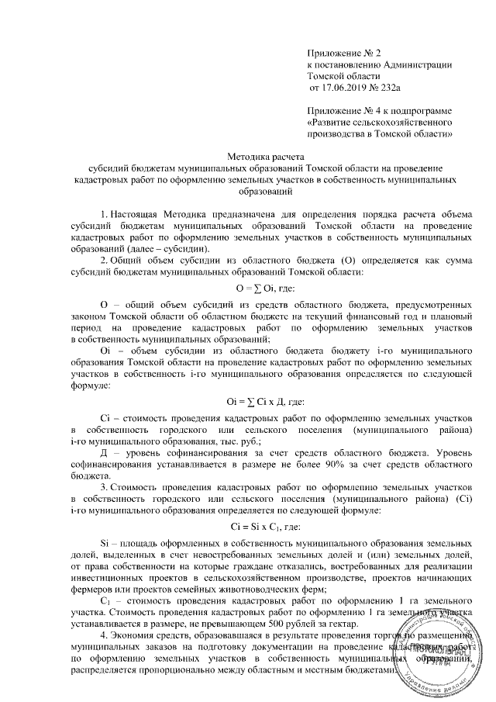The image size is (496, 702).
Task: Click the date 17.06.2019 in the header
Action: click(346, 88)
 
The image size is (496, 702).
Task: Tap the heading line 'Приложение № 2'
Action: click(345, 51)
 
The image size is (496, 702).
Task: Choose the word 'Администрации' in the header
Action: click(412, 64)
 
